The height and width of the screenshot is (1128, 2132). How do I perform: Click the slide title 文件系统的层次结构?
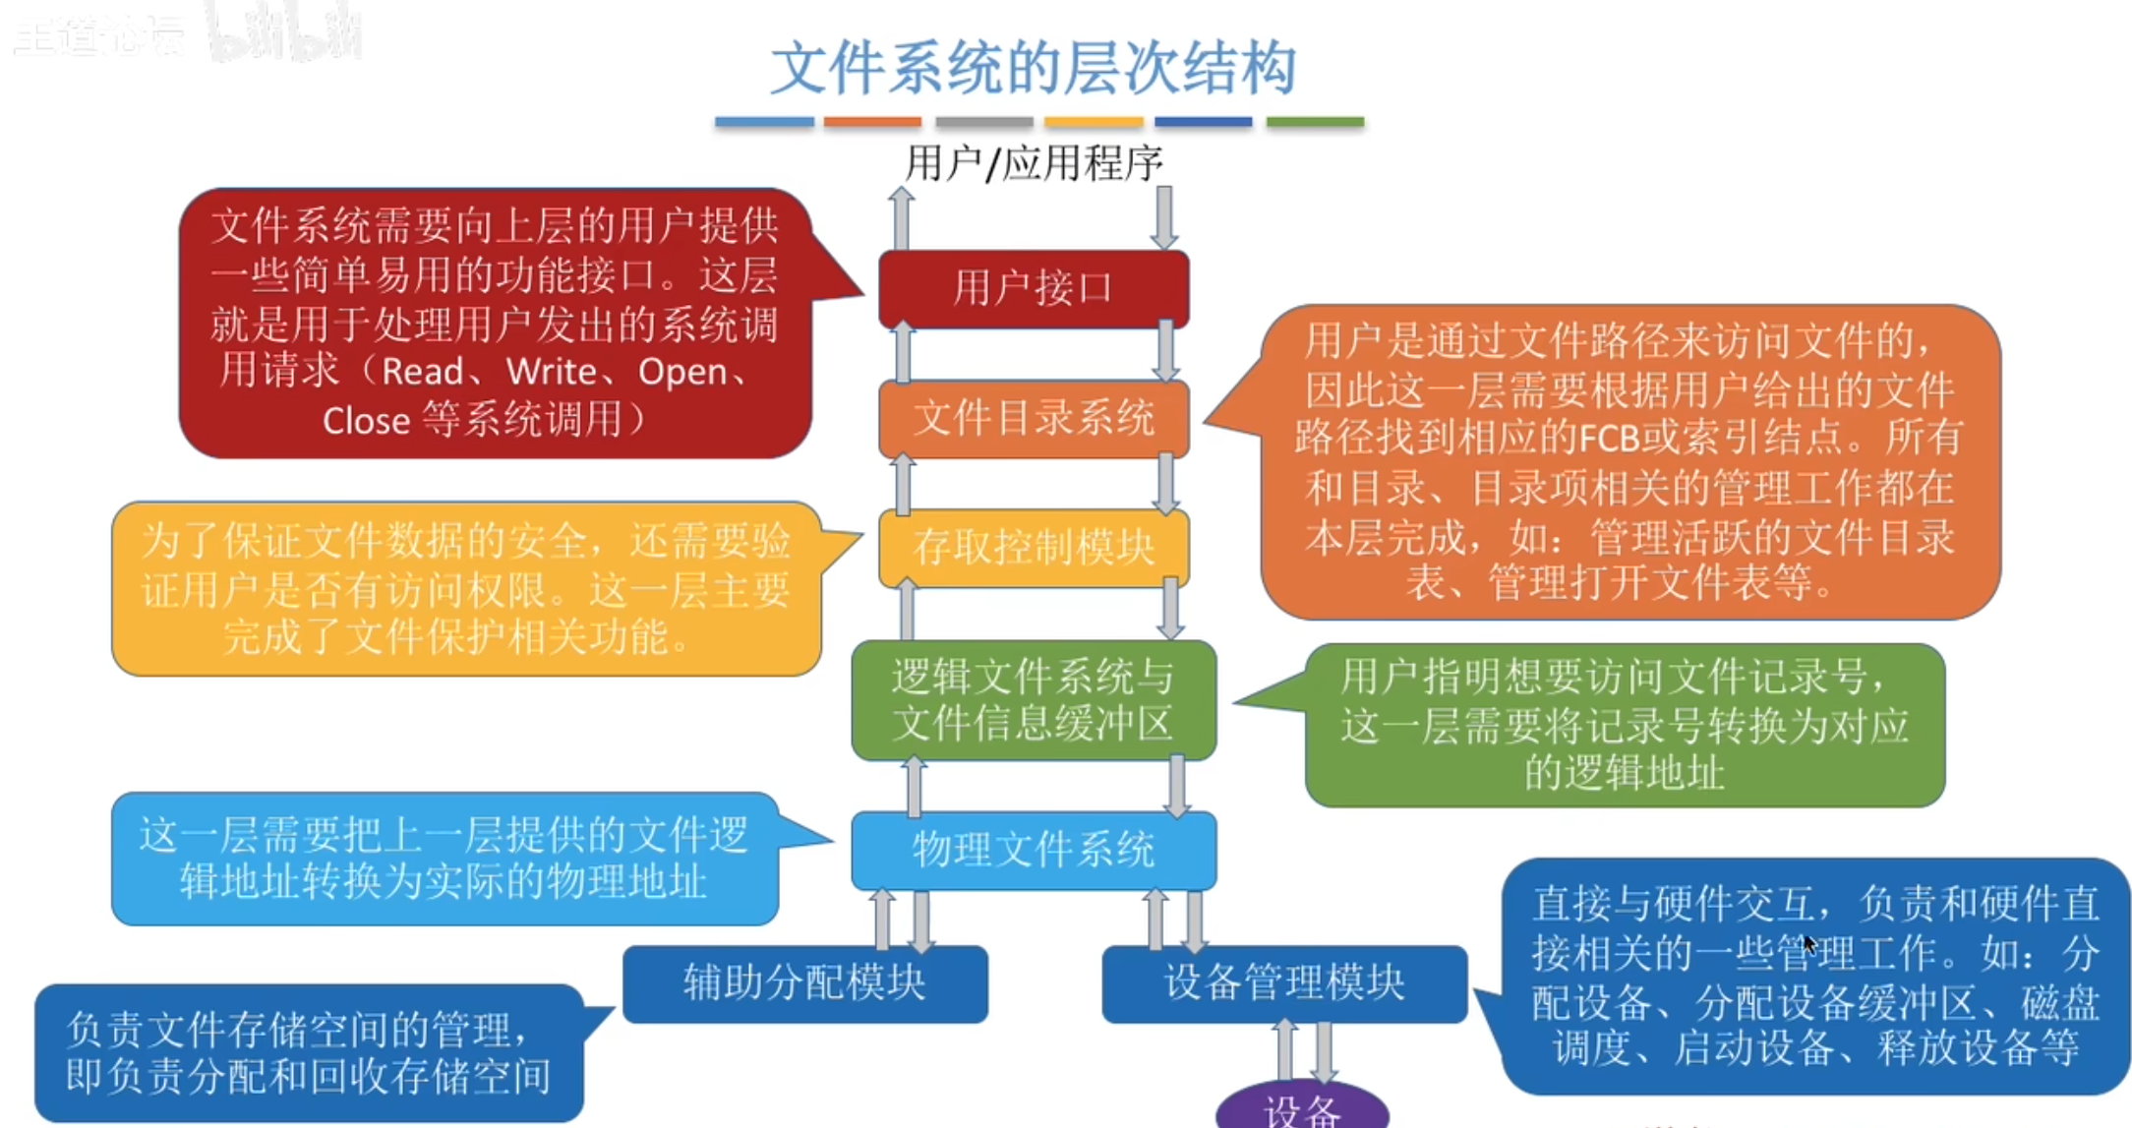(x=1033, y=69)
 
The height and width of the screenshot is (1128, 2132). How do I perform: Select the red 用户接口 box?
(x=1033, y=288)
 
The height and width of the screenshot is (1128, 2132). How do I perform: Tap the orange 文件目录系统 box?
(x=1033, y=419)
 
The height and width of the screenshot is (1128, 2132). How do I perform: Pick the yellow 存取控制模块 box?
(x=1033, y=548)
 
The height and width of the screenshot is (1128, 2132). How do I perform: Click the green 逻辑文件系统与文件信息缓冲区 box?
(x=1033, y=700)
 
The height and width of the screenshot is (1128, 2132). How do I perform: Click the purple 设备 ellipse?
(x=1301, y=1109)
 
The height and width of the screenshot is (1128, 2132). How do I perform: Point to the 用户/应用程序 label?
(x=1033, y=163)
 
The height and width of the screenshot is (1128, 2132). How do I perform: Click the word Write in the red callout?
(x=552, y=372)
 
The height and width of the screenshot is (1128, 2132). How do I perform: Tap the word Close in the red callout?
(x=366, y=421)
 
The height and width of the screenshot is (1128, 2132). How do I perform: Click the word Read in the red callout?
(x=422, y=372)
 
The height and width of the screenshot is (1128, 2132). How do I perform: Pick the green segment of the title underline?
(x=1315, y=122)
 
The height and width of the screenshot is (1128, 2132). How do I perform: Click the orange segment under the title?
(x=872, y=122)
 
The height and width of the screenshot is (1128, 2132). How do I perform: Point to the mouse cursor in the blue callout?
(x=1809, y=944)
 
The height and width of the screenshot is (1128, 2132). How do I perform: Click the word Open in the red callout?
(x=682, y=372)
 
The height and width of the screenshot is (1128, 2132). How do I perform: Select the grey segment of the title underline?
(x=983, y=122)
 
